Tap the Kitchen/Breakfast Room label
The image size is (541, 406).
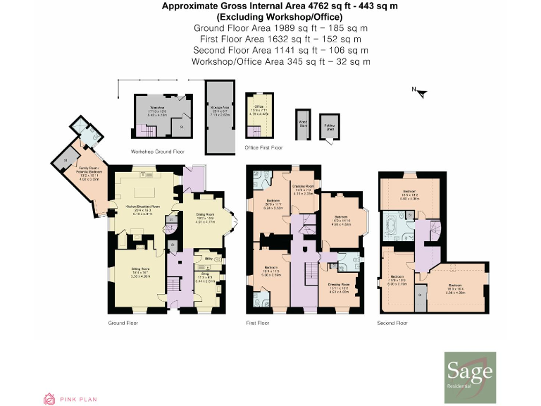(x=142, y=207)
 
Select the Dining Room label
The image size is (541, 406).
(x=204, y=219)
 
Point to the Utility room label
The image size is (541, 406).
(x=209, y=259)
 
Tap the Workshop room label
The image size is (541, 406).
(x=156, y=107)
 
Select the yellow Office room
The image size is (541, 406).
(x=259, y=113)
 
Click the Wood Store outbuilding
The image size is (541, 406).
(x=303, y=124)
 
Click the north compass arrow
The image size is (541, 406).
(x=416, y=90)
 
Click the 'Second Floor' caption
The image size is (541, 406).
(x=392, y=323)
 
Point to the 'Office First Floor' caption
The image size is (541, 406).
(x=263, y=147)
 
